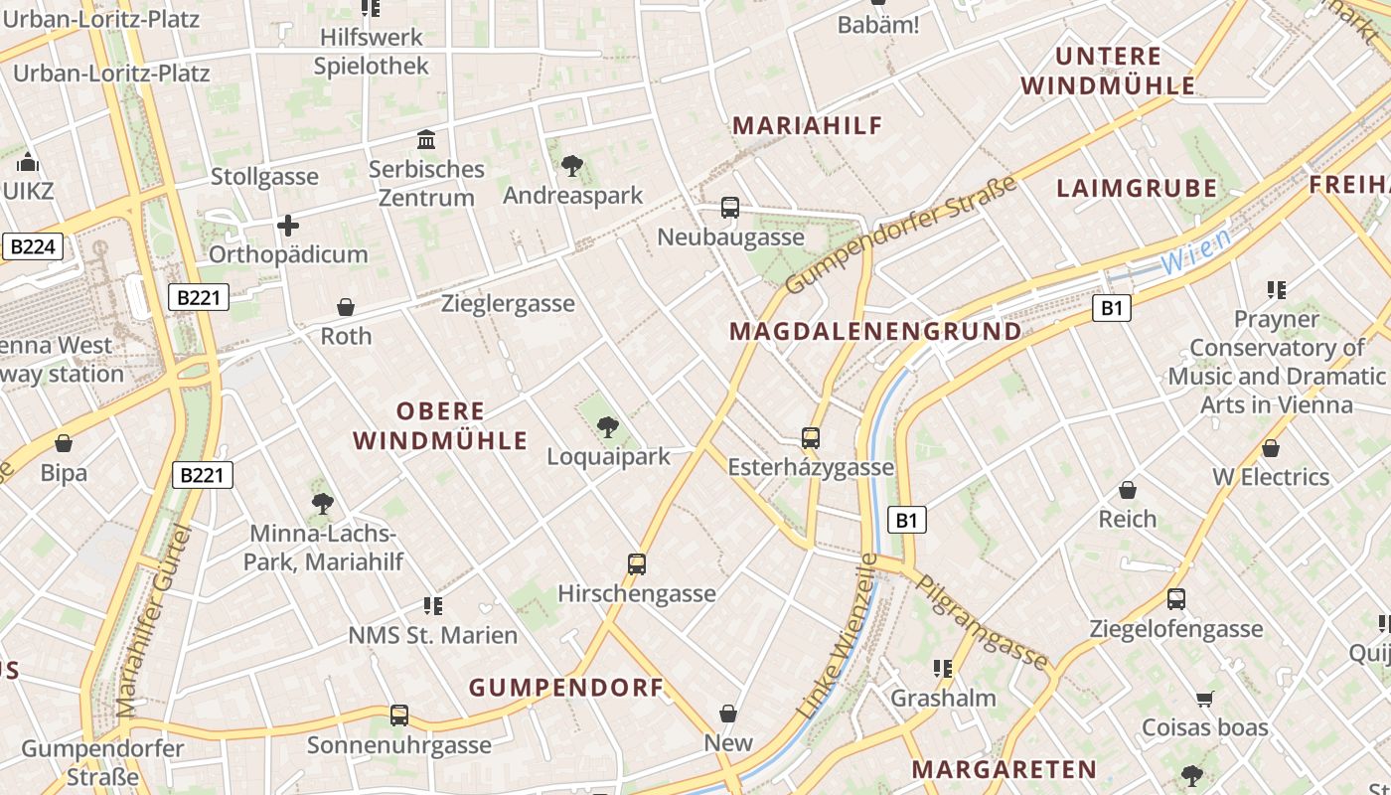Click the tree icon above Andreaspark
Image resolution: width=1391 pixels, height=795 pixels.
(x=571, y=165)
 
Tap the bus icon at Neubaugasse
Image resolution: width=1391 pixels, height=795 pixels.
(x=730, y=208)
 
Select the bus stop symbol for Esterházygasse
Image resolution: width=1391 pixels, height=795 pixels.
(x=811, y=437)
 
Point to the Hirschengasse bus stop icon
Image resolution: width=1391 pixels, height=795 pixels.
(x=637, y=563)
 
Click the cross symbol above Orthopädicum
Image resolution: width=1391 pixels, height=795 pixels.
(x=288, y=226)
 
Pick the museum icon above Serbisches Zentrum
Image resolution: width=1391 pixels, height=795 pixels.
(x=427, y=139)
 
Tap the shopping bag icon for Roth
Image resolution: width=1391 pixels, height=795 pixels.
(x=346, y=307)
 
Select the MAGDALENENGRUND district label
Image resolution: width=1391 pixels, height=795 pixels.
(x=875, y=332)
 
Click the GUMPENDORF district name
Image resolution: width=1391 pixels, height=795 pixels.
(x=566, y=688)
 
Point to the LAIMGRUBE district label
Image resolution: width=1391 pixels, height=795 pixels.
(x=1137, y=189)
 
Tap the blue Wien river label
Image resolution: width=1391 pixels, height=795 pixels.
(x=1195, y=251)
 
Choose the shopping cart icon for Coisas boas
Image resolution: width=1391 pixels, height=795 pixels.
(x=1205, y=699)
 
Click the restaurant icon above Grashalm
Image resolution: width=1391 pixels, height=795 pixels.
(x=942, y=669)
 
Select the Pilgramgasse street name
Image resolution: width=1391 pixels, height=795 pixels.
(x=982, y=622)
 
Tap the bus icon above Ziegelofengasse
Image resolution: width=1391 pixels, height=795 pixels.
(x=1176, y=599)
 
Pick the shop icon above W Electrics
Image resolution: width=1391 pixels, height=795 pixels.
(x=1270, y=448)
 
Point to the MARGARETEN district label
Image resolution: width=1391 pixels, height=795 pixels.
(x=1005, y=769)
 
